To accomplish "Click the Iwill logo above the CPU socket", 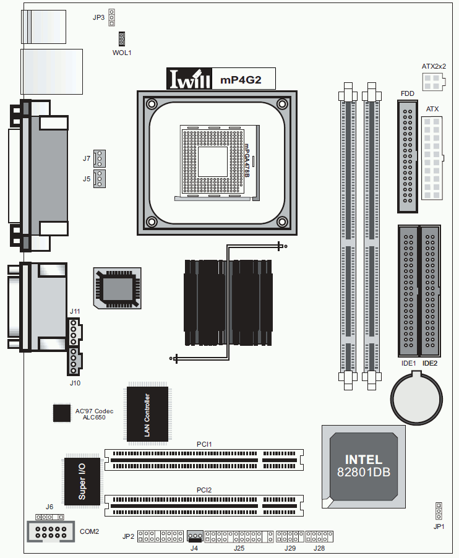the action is coord(189,79).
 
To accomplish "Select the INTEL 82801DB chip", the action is coord(364,466).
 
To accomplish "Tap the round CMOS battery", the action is coord(416,398).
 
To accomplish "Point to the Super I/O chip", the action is coord(82,480).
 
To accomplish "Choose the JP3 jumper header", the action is coord(112,17).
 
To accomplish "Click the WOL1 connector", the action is coord(122,39).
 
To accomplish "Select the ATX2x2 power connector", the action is coord(433,82).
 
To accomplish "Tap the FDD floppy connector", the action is coord(408,157).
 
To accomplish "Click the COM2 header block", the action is coord(51,531).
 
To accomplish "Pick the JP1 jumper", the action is coord(439,512).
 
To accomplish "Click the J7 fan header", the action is coord(99,158).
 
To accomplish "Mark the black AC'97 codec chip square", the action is coord(62,413).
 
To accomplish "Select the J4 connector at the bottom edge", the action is coord(195,536).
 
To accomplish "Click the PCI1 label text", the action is coord(204,444).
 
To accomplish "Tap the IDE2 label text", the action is coord(430,363).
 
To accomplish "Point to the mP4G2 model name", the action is coord(241,80).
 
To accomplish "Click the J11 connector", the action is coord(74,332).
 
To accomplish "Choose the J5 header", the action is coord(99,179).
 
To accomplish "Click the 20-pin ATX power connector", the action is coord(432,158).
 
